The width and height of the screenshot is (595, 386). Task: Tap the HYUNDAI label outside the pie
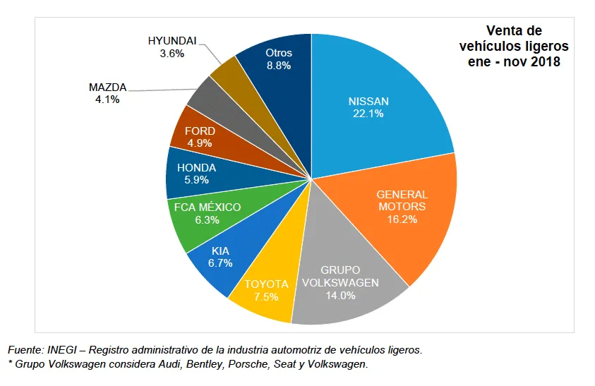coord(172,41)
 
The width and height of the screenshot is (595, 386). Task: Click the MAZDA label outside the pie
coord(107,88)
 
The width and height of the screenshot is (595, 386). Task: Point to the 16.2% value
coord(402,219)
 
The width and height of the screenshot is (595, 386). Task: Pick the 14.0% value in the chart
coord(340,296)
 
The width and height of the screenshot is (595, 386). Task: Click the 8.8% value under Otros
coord(279,66)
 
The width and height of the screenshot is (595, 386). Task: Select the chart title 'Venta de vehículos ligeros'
coord(513,39)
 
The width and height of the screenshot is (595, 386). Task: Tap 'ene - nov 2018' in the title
coord(514,62)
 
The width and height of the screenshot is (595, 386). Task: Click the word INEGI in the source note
coord(61,350)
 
